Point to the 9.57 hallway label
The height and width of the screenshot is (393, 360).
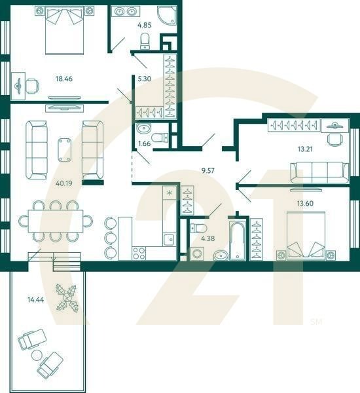pos(209,170)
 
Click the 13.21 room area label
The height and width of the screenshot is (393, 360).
pos(305,149)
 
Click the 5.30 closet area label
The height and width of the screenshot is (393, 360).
pos(145,79)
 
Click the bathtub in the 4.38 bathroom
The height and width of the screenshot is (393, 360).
pos(236,241)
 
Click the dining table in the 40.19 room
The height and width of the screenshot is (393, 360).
pos(56,221)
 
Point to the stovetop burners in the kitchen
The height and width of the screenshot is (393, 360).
pos(139,252)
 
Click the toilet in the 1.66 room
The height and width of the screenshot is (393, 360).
pos(163,137)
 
